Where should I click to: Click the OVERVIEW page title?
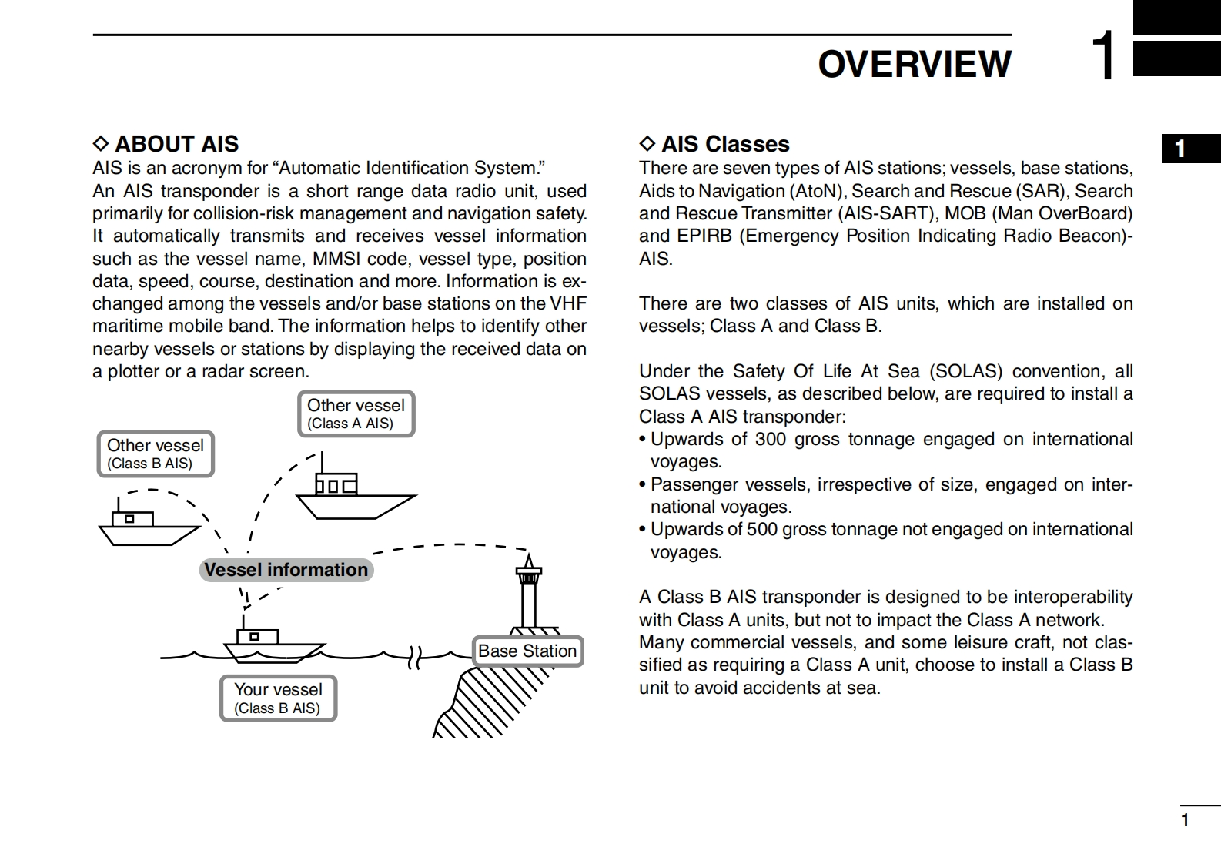pyautogui.click(x=914, y=64)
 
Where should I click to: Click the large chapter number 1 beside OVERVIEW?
pyautogui.click(x=1103, y=56)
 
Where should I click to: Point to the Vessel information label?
pyautogui.click(x=286, y=570)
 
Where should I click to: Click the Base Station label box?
pyautogui.click(x=527, y=651)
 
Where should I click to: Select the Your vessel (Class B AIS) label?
pyautogui.click(x=278, y=698)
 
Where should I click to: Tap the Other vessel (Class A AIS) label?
pyautogui.click(x=356, y=414)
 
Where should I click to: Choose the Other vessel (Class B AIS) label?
pyautogui.click(x=155, y=454)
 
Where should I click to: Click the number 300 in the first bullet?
pyautogui.click(x=770, y=439)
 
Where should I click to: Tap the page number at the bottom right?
pyautogui.click(x=1185, y=821)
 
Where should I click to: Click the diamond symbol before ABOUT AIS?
pyautogui.click(x=101, y=144)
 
